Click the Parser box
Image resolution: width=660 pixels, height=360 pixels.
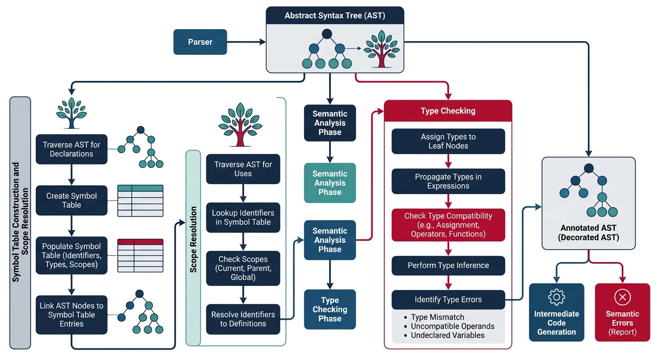pyautogui.click(x=200, y=42)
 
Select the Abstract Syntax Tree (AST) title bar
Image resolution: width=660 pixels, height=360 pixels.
pyautogui.click(x=335, y=15)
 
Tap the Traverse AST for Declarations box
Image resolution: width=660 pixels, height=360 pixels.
pyautogui.click(x=71, y=149)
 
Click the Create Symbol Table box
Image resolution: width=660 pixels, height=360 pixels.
pyautogui.click(x=71, y=200)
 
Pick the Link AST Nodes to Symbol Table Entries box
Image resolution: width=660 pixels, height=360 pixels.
pyautogui.click(x=71, y=315)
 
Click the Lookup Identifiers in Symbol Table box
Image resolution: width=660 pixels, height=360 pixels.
pyautogui.click(x=243, y=217)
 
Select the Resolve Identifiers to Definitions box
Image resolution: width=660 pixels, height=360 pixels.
pyautogui.click(x=243, y=319)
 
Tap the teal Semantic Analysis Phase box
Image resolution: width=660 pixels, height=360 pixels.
pyautogui.click(x=330, y=183)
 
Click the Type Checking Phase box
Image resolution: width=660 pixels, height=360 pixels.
pyautogui.click(x=330, y=309)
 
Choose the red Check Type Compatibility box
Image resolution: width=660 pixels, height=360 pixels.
pyautogui.click(x=448, y=225)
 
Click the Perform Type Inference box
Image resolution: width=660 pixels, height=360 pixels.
pyautogui.click(x=448, y=265)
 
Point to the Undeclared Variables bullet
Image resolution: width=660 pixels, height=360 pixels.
pyautogui.click(x=447, y=335)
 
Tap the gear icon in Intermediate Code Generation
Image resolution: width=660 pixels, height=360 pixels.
pyautogui.click(x=556, y=297)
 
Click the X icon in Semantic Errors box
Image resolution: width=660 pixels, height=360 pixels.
pyautogui.click(x=622, y=297)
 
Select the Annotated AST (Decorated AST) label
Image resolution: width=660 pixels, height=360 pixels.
pyautogui.click(x=588, y=232)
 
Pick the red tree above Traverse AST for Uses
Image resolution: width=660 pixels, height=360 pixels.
pyautogui.click(x=240, y=124)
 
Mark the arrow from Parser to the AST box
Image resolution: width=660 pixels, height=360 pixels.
pyautogui.click(x=246, y=42)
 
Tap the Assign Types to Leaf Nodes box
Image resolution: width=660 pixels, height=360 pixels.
pyautogui.click(x=448, y=141)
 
